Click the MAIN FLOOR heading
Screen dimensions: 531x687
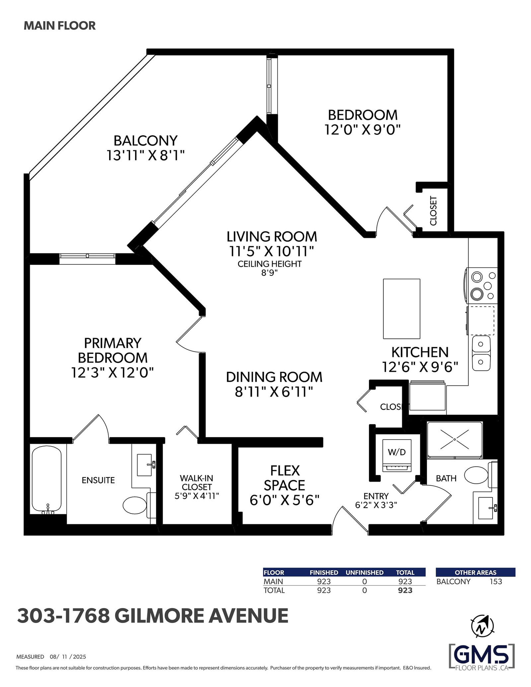pyautogui.click(x=60, y=26)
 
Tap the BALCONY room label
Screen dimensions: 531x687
pyautogui.click(x=145, y=141)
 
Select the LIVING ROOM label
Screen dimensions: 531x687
pyautogui.click(x=272, y=237)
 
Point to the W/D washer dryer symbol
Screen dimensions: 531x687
pyautogui.click(x=397, y=455)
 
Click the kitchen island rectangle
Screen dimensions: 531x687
pyautogui.click(x=402, y=309)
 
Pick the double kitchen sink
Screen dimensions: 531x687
pyautogui.click(x=481, y=353)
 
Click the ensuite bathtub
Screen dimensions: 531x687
pyautogui.click(x=46, y=479)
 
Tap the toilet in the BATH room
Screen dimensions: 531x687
pyautogui.click(x=480, y=475)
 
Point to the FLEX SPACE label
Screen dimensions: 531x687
pyautogui.click(x=284, y=478)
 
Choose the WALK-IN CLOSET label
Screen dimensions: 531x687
pyautogui.click(x=197, y=482)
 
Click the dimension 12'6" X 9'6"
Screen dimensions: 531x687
pyautogui.click(x=420, y=367)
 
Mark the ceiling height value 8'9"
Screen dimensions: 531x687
pyautogui.click(x=269, y=273)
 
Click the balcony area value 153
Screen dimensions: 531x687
pyautogui.click(x=496, y=590)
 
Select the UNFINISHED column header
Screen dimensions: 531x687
pyautogui.click(x=364, y=582)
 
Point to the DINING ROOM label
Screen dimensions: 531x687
pyautogui.click(x=274, y=377)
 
